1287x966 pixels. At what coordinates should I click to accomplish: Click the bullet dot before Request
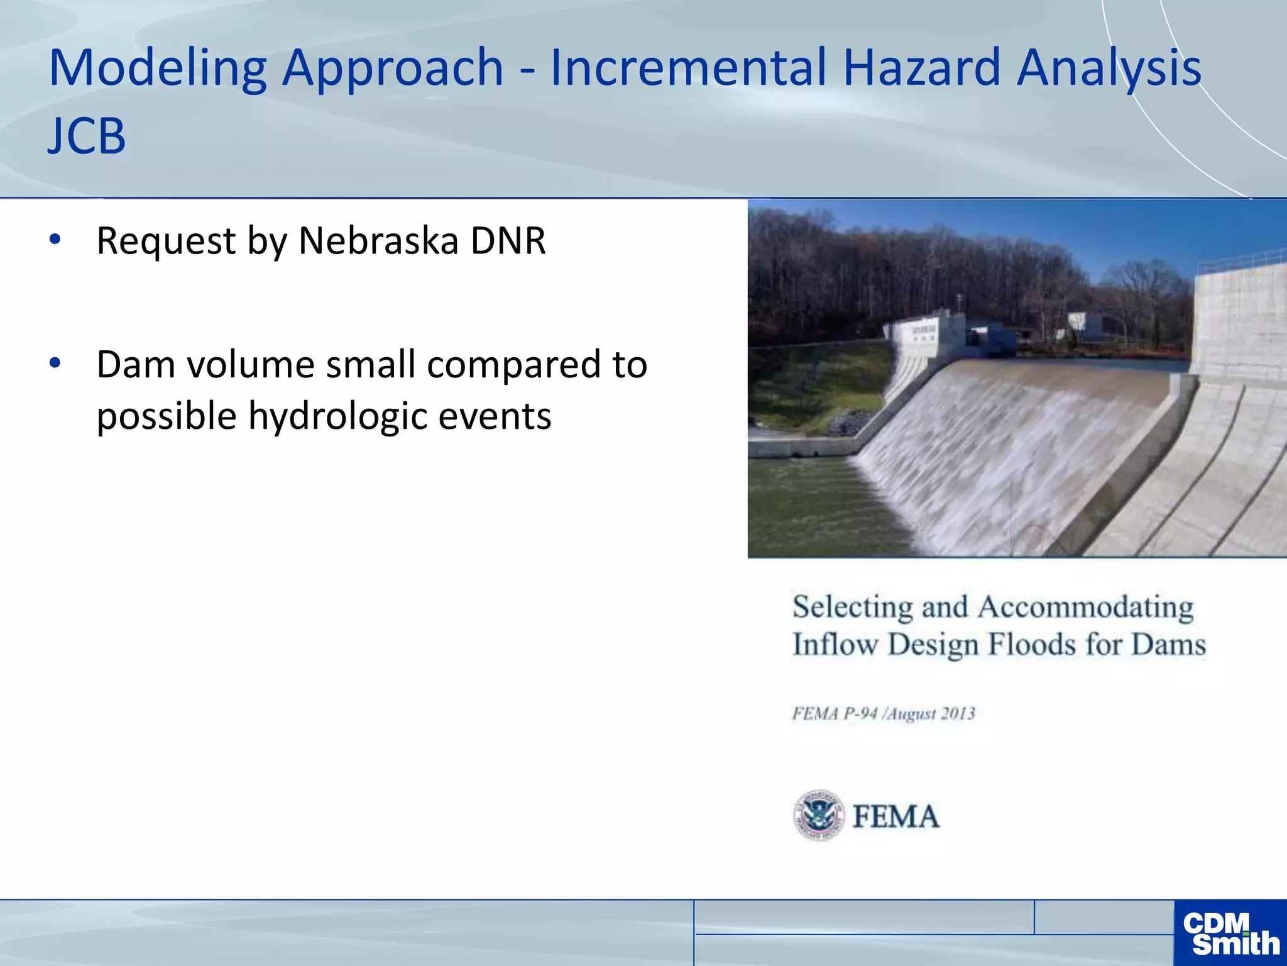point(55,239)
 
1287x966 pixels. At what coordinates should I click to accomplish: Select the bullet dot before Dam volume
point(55,363)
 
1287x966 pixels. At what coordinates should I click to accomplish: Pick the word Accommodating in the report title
point(1085,608)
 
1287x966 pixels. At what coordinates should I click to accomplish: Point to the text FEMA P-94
point(835,714)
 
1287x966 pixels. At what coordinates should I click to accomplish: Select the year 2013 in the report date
point(958,714)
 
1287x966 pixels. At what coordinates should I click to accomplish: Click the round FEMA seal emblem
point(818,815)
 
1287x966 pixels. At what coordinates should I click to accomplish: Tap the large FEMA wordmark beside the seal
point(896,817)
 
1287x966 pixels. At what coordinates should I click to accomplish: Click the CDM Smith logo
point(1230,933)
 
